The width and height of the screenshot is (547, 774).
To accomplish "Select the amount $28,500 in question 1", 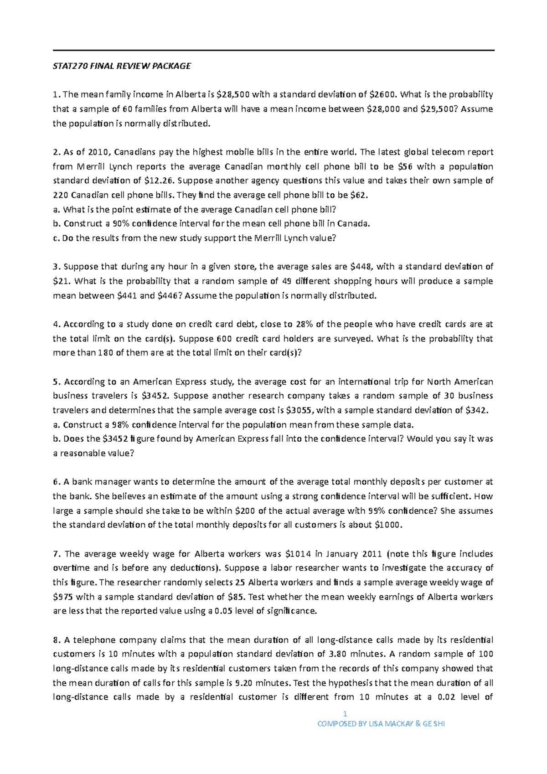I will point(233,95).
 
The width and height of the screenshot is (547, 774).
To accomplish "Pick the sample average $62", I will point(358,196).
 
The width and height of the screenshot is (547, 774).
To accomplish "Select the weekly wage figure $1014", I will point(298,554).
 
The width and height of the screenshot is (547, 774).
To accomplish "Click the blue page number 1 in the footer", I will point(345,714).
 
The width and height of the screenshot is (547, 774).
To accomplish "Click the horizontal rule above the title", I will point(273,51).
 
